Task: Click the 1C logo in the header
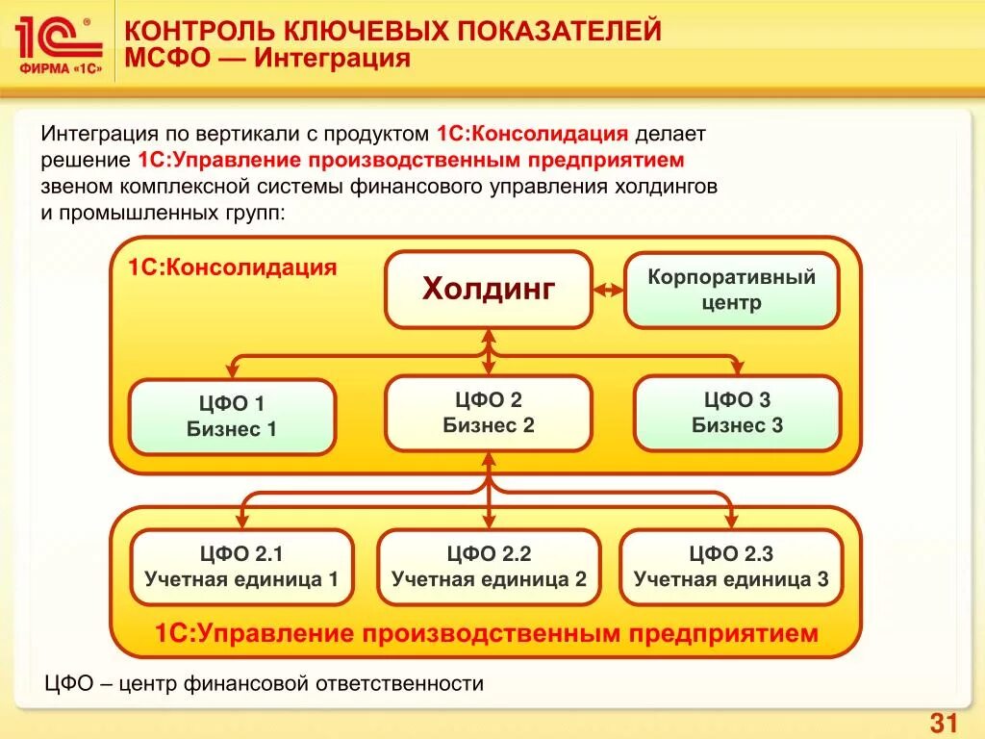click(x=58, y=42)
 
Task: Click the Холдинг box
click(x=489, y=289)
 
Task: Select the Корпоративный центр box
click(x=731, y=290)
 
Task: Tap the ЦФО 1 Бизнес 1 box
click(x=232, y=417)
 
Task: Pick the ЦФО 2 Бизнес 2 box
click(x=489, y=413)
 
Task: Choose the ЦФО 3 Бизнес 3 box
click(x=737, y=413)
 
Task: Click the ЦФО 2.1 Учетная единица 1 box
click(x=241, y=567)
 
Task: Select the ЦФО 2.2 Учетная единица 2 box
click(x=489, y=567)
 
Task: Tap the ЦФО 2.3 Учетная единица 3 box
click(x=731, y=567)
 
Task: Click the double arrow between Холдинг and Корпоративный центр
click(x=608, y=290)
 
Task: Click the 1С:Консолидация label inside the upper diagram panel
click(x=233, y=268)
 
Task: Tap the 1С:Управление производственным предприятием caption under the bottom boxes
click(x=487, y=634)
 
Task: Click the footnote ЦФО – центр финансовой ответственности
click(x=265, y=683)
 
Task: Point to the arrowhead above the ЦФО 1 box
click(x=232, y=366)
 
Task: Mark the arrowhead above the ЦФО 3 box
click(x=737, y=366)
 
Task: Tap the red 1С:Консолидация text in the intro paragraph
click(x=532, y=134)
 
